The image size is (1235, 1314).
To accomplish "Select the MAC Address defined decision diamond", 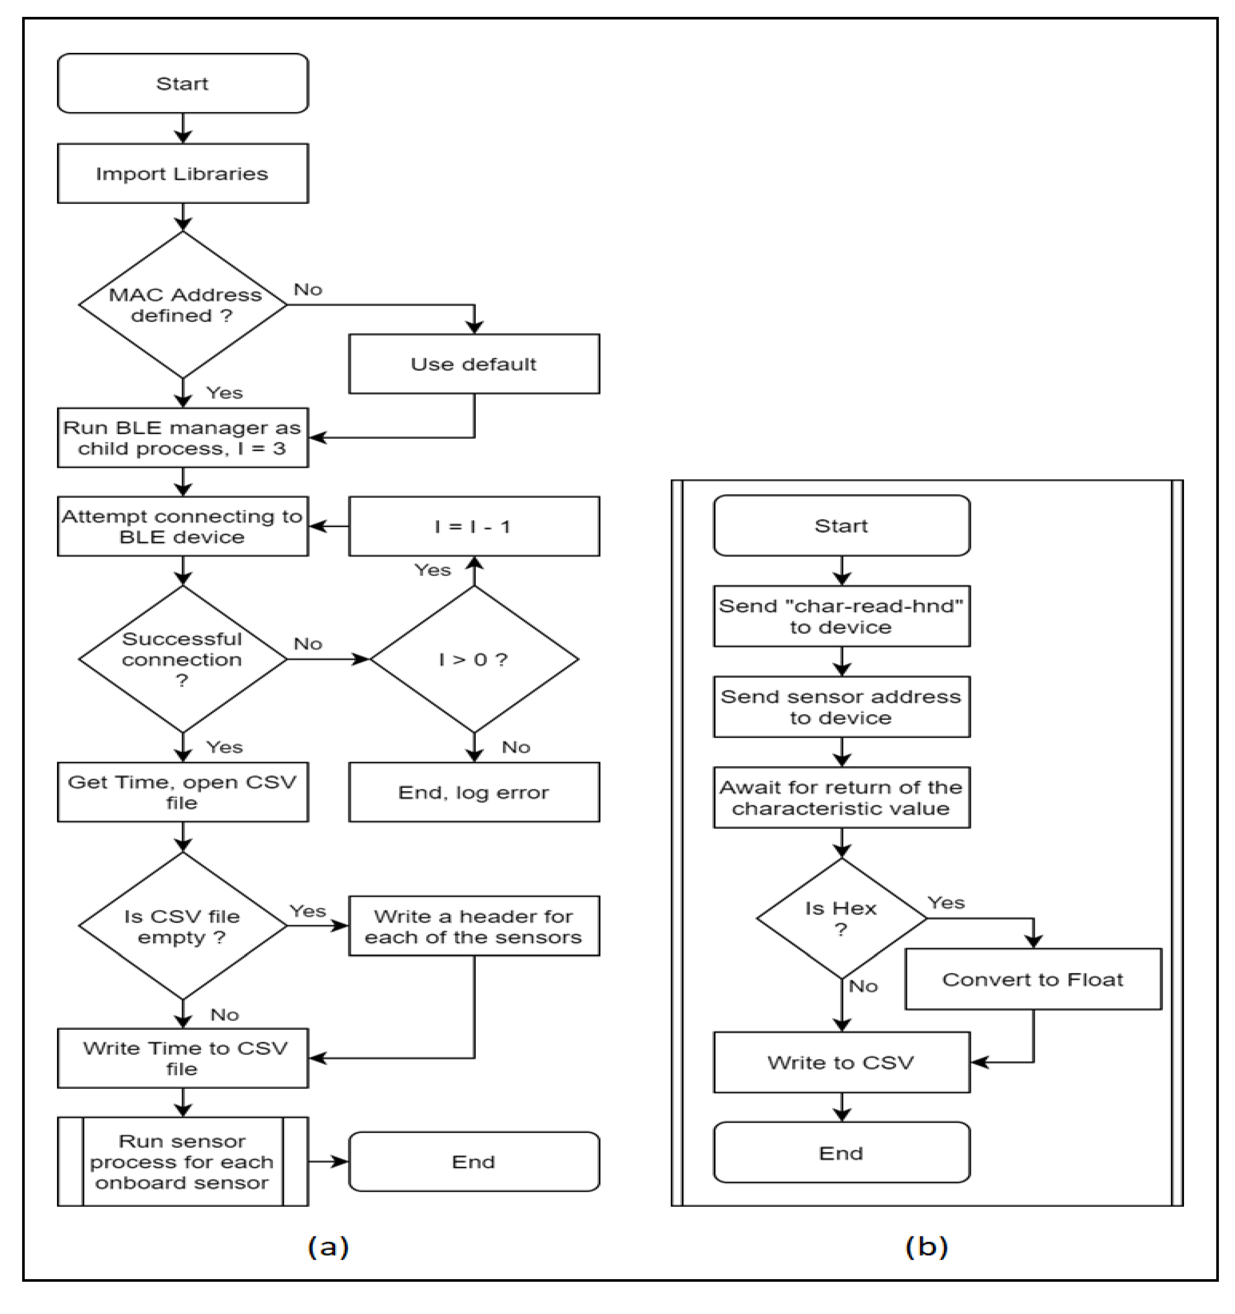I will coord(183,305).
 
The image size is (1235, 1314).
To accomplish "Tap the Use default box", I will coord(474,364).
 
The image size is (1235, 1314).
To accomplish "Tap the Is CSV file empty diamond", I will coord(183,926).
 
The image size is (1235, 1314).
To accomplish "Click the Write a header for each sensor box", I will coord(474,926).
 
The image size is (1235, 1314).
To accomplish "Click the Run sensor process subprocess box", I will coord(183,1161).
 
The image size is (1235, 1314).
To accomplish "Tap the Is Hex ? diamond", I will coord(841,918).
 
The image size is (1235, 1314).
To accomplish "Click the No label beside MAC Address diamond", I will coord(308,289).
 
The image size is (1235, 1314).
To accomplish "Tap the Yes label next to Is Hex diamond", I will coord(946,903).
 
